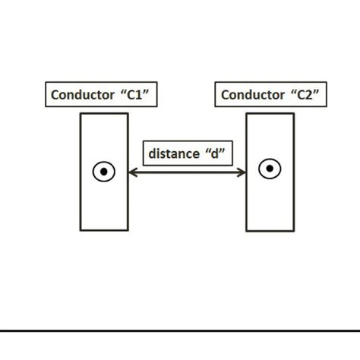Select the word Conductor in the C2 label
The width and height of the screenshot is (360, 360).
pos(251,95)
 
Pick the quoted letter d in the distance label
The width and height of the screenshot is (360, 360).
pos(215,153)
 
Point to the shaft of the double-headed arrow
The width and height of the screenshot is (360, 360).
pos(187,172)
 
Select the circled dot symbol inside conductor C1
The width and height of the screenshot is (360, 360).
pos(104,172)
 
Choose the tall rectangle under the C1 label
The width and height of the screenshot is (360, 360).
pos(104,205)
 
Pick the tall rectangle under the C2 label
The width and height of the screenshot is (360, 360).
pos(270,205)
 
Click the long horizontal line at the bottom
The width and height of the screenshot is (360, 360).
pos(180,331)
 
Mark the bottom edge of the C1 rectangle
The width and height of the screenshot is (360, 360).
pos(104,229)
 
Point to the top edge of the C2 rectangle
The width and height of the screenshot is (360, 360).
pos(270,114)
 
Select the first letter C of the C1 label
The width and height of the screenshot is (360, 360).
pos(55,95)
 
